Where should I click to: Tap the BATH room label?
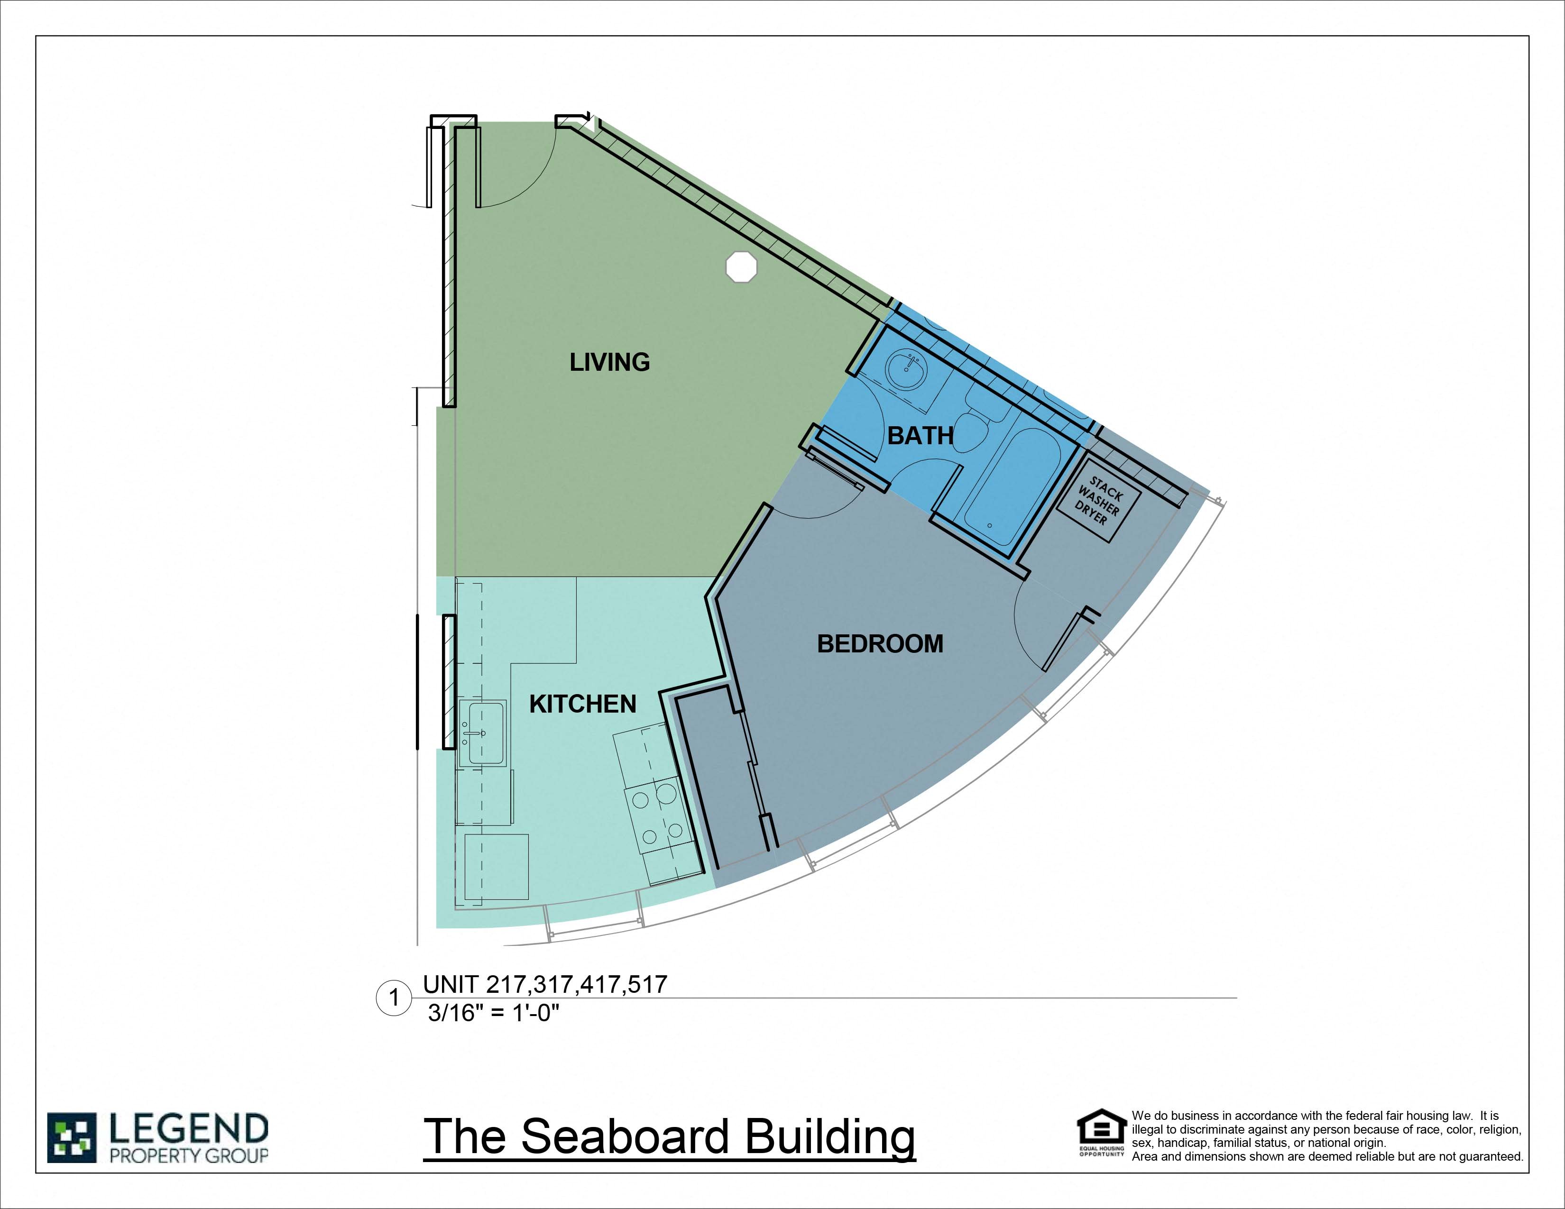tap(920, 435)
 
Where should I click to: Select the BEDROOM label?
tap(880, 644)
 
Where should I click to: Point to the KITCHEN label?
tap(582, 704)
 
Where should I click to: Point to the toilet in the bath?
tap(970, 430)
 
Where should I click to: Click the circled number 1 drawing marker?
tap(394, 998)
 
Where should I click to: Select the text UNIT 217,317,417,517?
tap(544, 984)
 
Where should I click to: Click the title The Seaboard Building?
tap(669, 1136)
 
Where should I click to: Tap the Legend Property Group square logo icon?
tap(72, 1137)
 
